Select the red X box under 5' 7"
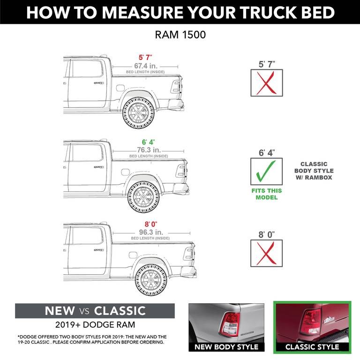pos(266,83)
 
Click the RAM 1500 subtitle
pos(180,35)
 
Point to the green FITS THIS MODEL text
pos(266,194)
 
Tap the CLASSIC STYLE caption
pos(312,347)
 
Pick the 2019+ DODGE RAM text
pos(95,324)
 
